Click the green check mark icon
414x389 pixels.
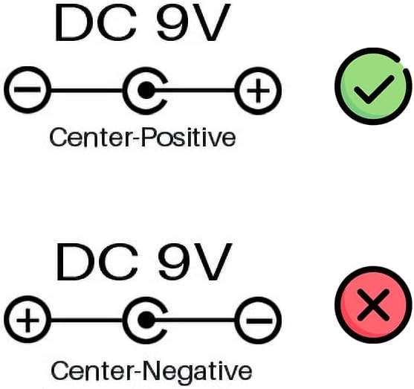click(373, 86)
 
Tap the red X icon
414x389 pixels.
click(373, 305)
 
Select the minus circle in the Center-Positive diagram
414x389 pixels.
click(28, 90)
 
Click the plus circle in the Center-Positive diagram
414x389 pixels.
click(258, 91)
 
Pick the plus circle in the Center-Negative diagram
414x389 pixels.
click(28, 320)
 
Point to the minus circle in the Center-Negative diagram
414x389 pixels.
click(258, 321)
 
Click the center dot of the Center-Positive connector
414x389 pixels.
click(146, 91)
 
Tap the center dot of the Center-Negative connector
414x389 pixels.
click(146, 321)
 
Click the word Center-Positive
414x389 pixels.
click(143, 138)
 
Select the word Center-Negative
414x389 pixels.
click(151, 370)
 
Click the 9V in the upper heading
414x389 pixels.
click(193, 22)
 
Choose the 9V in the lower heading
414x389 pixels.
click(194, 261)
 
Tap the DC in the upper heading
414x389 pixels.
click(96, 23)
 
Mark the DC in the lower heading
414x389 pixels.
click(97, 262)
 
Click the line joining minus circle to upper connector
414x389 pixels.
click(87, 91)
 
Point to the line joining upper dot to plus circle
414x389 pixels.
click(195, 91)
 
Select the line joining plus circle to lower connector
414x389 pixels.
click(87, 321)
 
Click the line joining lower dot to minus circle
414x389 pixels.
click(195, 321)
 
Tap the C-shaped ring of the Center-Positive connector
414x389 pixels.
click(125, 91)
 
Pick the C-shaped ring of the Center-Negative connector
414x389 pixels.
click(125, 321)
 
